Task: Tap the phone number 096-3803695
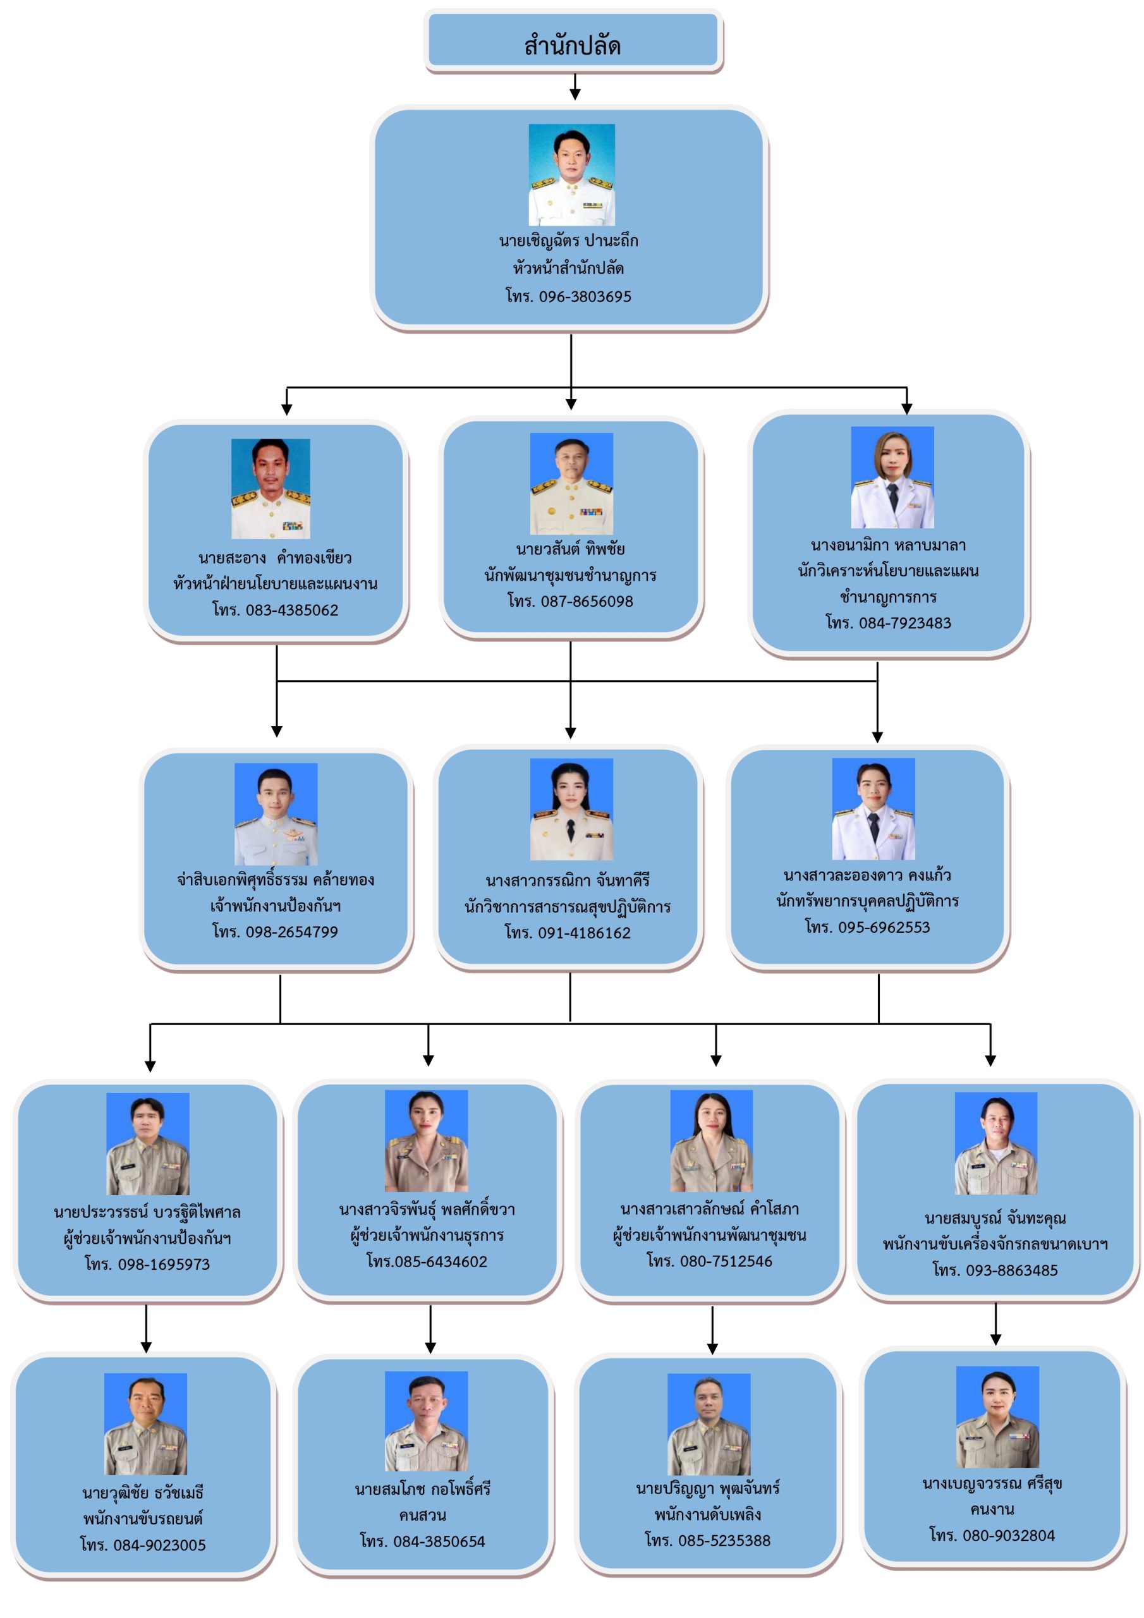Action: (x=568, y=296)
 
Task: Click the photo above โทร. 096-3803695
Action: (x=571, y=175)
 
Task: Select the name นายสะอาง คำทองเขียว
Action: (x=275, y=558)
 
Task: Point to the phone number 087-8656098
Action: (x=570, y=601)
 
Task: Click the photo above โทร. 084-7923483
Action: (x=892, y=477)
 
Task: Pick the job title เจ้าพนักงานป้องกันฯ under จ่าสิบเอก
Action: (x=275, y=906)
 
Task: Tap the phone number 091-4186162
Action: (x=568, y=933)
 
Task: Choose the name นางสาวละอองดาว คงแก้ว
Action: (x=867, y=875)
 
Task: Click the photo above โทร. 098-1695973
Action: (x=147, y=1144)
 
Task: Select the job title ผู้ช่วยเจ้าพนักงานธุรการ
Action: (x=427, y=1236)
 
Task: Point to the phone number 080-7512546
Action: (x=710, y=1261)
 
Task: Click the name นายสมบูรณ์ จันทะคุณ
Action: (x=995, y=1219)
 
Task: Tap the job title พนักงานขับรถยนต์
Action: (x=143, y=1519)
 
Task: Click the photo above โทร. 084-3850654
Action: (x=426, y=1421)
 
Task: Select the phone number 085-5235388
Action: (x=708, y=1540)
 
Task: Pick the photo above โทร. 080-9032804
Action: (x=997, y=1416)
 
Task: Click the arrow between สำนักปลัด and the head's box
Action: (x=575, y=87)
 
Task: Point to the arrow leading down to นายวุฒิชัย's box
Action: (x=146, y=1328)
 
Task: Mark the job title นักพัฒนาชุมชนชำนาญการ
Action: (x=570, y=575)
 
